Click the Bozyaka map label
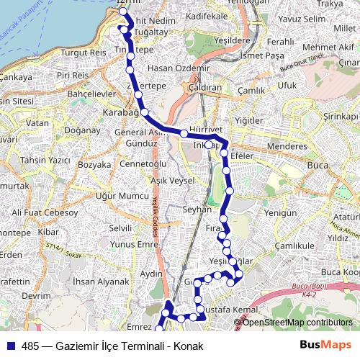coord(94,165)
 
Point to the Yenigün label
coord(282,213)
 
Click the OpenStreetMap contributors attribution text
coord(297,323)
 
